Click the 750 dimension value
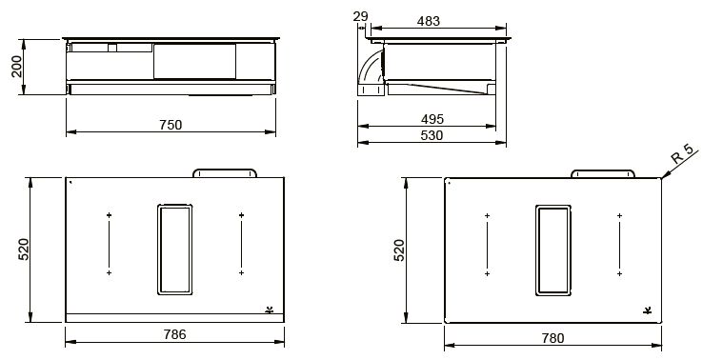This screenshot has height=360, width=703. (170, 124)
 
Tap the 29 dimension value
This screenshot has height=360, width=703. (359, 17)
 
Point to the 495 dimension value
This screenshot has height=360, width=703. (432, 119)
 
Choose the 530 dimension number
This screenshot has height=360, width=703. (432, 135)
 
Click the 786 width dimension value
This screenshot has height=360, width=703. (173, 334)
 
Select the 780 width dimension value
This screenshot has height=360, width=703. (552, 337)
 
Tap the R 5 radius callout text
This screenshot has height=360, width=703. (682, 155)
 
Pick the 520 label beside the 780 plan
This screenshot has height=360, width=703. (400, 250)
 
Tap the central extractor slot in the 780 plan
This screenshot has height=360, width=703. (552, 249)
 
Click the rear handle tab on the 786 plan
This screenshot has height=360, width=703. (225, 172)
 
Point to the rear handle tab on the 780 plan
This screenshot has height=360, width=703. (602, 173)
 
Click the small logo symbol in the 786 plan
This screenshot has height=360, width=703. (269, 309)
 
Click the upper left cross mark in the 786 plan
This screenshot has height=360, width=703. (110, 216)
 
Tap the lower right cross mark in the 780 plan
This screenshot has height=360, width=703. (619, 274)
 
